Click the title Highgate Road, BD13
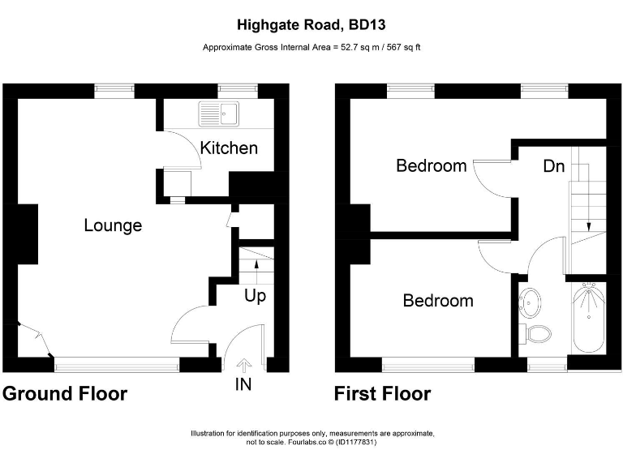click(311, 26)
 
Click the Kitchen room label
click(229, 148)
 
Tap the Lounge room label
click(113, 225)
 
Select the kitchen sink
click(219, 114)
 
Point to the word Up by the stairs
click(255, 296)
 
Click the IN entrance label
click(243, 384)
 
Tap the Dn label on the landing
click(554, 166)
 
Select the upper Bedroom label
click(431, 166)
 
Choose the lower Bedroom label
click(438, 301)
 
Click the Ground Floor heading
click(64, 394)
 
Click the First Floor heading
click(382, 394)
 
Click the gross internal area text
click(311, 48)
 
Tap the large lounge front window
click(117, 366)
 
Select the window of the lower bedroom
click(428, 366)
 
